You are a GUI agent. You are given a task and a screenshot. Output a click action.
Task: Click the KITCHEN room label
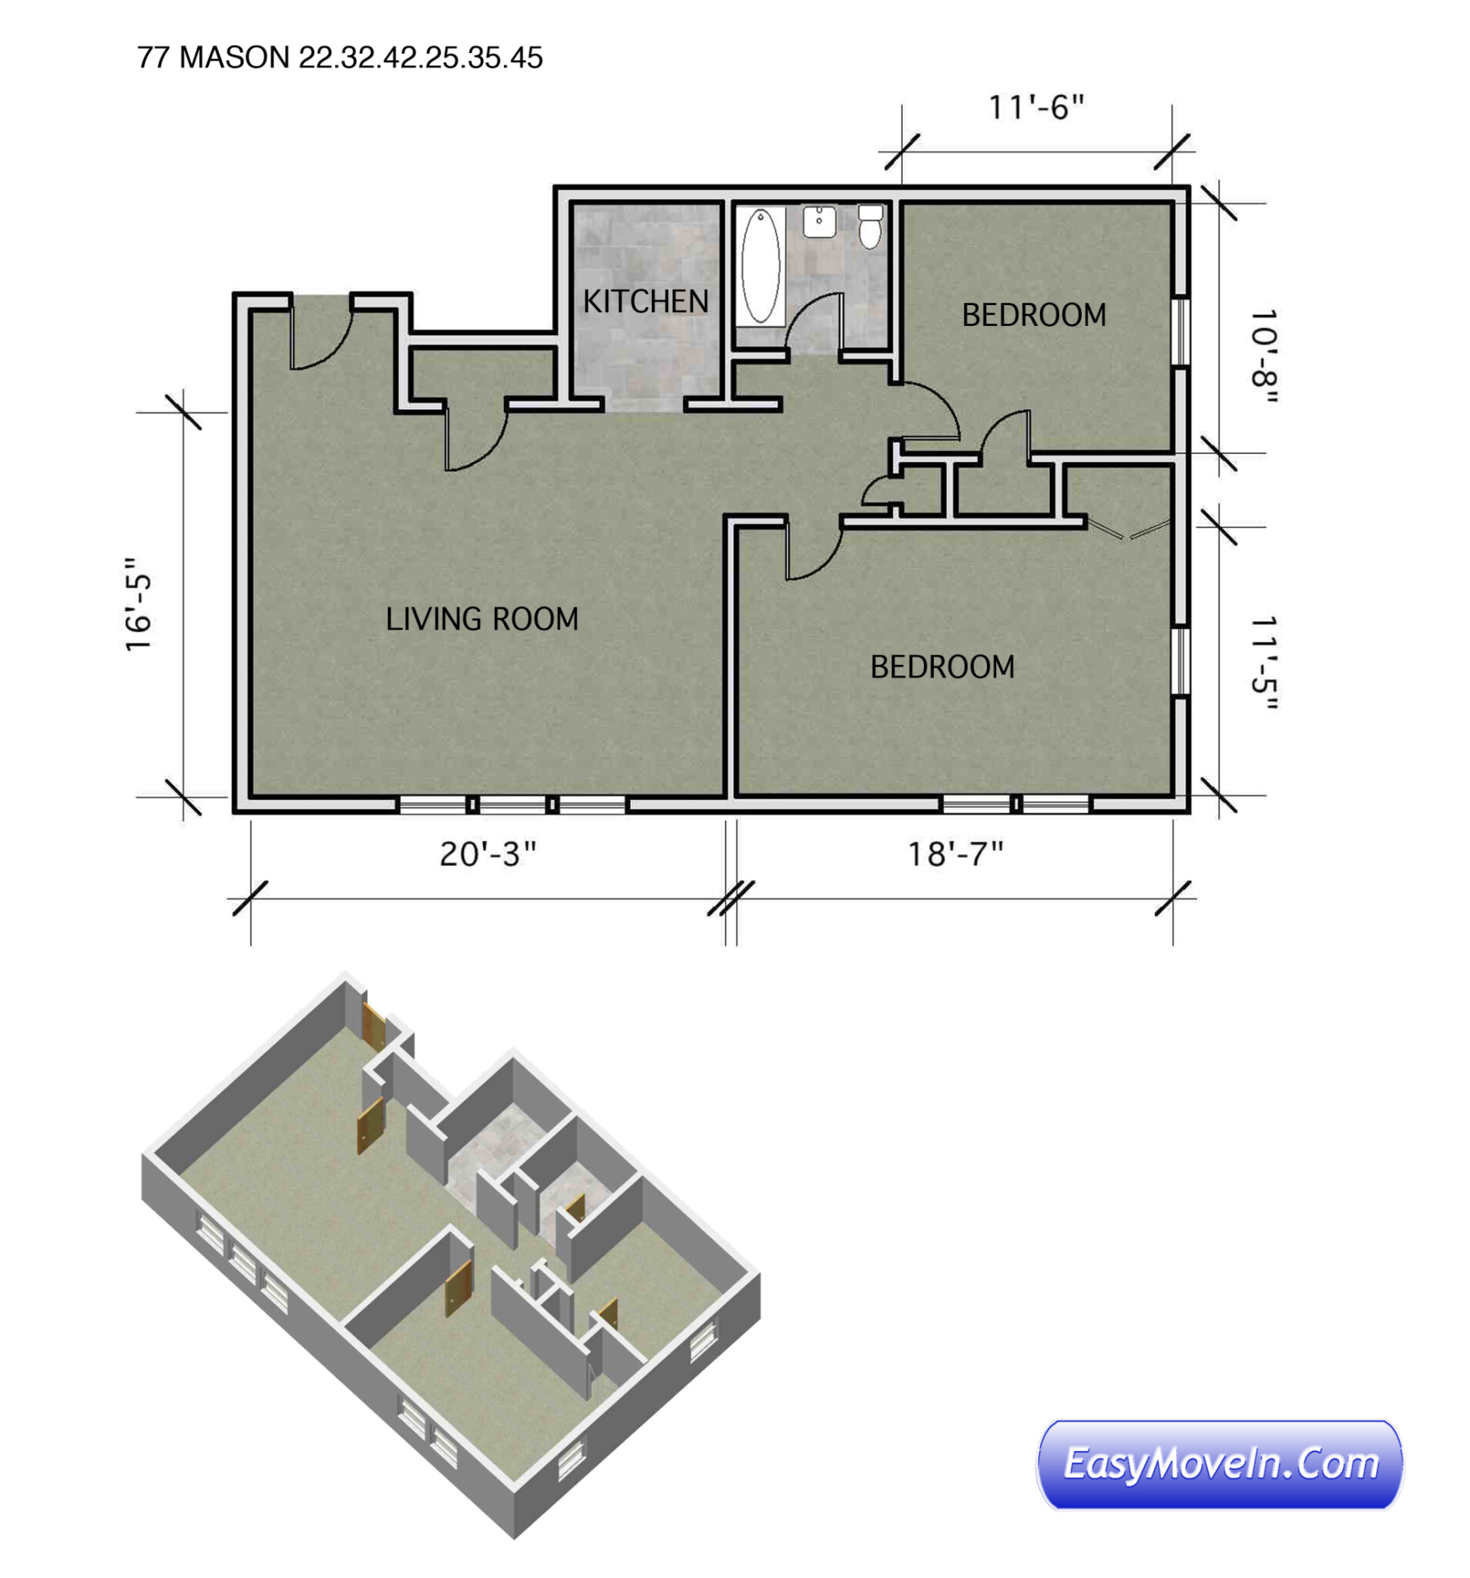pyautogui.click(x=646, y=301)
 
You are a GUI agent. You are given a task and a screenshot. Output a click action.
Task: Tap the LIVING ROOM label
pyautogui.click(x=482, y=619)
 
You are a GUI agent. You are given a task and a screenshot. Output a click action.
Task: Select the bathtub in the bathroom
pyautogui.click(x=760, y=265)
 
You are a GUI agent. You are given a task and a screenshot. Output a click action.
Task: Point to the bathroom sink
pyautogui.click(x=819, y=220)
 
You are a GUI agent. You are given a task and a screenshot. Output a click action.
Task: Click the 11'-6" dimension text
pyautogui.click(x=1035, y=107)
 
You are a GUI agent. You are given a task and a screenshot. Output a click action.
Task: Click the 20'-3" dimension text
pyautogui.click(x=488, y=854)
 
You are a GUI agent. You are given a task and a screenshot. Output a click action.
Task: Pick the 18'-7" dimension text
pyautogui.click(x=955, y=854)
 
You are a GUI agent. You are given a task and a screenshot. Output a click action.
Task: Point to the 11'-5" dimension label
pyautogui.click(x=1263, y=663)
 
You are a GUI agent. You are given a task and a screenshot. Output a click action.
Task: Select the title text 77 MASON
pyautogui.click(x=213, y=58)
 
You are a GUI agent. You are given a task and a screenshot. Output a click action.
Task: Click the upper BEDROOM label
pyautogui.click(x=1033, y=315)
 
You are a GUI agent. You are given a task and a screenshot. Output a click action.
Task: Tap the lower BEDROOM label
pyautogui.click(x=942, y=666)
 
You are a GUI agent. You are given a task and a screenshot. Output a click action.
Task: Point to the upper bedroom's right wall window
pyautogui.click(x=1181, y=332)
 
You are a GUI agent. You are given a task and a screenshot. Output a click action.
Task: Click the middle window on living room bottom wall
pyautogui.click(x=512, y=805)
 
